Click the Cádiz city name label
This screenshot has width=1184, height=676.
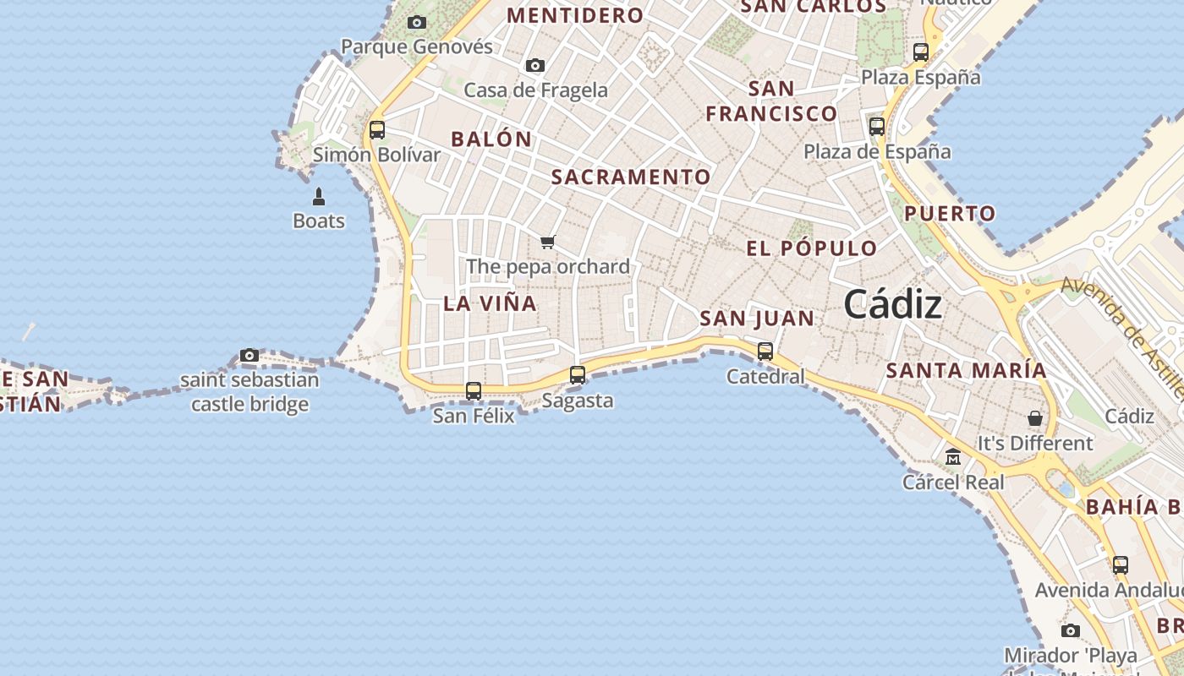tap(892, 303)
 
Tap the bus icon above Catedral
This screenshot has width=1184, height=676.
tap(765, 351)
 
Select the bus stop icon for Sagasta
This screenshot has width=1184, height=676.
tap(578, 374)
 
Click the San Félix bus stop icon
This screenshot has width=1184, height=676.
tap(474, 390)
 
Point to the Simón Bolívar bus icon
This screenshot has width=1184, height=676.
tap(377, 130)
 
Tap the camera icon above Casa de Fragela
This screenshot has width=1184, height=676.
tap(534, 65)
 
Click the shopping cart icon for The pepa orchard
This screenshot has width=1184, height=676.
tap(548, 243)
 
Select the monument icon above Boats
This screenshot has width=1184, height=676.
tap(319, 197)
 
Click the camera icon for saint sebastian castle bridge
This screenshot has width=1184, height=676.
tap(249, 355)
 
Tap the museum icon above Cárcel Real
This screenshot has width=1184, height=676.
tap(953, 457)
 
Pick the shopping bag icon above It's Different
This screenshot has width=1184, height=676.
tap(1034, 418)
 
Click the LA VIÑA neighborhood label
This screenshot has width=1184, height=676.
tap(491, 303)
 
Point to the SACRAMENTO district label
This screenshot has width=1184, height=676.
tap(631, 177)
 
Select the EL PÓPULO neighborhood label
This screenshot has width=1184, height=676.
tap(812, 248)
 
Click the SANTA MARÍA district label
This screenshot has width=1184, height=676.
tap(966, 370)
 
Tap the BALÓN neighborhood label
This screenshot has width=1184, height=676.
tap(491, 139)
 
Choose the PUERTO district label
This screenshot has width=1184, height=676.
tap(950, 214)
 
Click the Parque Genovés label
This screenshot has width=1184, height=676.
tap(417, 46)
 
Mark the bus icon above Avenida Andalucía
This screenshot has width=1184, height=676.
tap(1121, 564)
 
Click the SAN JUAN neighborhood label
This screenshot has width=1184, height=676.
tap(757, 319)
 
